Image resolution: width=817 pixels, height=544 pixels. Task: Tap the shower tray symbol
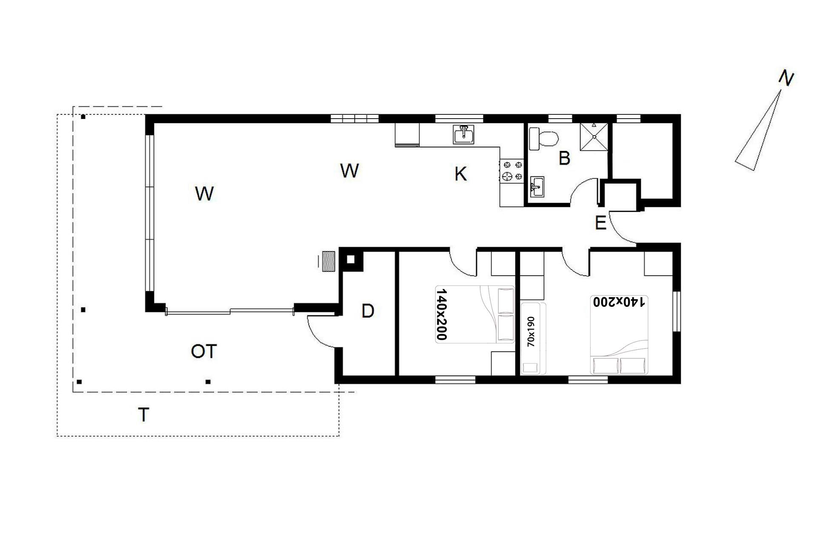594,136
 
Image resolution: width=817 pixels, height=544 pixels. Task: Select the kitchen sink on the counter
463,135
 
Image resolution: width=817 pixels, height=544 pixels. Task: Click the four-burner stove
512,170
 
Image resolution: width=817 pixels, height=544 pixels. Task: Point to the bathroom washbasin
537,187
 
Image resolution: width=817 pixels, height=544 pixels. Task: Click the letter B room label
564,159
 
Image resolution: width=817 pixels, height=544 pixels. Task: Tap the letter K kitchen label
460,174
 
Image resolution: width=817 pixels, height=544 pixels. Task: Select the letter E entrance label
600,223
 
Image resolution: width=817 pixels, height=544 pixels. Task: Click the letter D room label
368,311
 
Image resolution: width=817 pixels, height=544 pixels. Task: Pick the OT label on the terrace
204,351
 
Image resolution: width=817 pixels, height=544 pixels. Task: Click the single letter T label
144,414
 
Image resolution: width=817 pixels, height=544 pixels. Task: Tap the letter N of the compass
786,79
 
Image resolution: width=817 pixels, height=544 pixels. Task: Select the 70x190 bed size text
531,331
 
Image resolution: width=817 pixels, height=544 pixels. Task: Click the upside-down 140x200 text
619,302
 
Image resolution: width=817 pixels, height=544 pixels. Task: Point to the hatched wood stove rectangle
329,261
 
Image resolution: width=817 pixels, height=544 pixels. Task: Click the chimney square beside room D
351,259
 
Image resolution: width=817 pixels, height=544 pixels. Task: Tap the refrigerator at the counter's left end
407,135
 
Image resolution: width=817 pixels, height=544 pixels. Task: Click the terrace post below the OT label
208,382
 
